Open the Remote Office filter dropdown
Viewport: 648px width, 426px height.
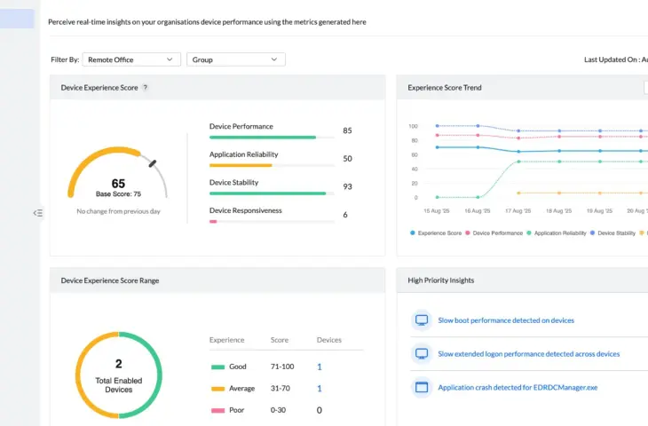click(x=131, y=59)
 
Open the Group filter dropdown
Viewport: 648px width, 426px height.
click(x=235, y=59)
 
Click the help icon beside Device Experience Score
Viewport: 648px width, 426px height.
click(x=146, y=88)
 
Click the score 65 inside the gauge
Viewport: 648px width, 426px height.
click(x=118, y=183)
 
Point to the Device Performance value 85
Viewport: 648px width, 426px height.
click(x=347, y=130)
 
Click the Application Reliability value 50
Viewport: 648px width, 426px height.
click(x=347, y=158)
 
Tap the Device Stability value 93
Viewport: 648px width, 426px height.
click(x=347, y=186)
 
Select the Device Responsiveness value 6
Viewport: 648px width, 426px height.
click(x=345, y=215)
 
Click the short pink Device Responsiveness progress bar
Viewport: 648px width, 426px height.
click(x=213, y=221)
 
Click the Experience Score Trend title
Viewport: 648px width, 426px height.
click(x=445, y=88)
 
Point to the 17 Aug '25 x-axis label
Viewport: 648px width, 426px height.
click(x=518, y=211)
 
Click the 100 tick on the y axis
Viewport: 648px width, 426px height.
click(x=413, y=126)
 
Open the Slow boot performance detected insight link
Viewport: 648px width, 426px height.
click(x=505, y=320)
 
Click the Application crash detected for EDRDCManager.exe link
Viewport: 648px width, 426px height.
click(x=518, y=387)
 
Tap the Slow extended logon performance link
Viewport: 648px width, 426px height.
click(x=528, y=353)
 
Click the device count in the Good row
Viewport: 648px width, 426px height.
click(x=320, y=367)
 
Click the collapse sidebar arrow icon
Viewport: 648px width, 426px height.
click(x=37, y=213)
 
